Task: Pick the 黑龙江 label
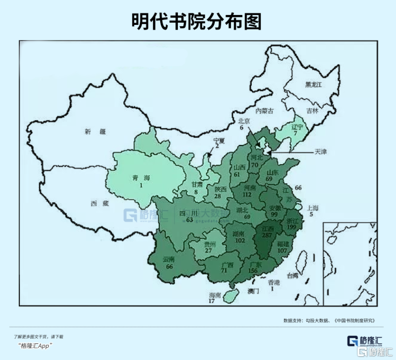tap(314, 85)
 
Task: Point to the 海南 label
tap(215, 296)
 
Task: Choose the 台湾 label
tap(292, 276)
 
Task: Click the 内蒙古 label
tap(265, 111)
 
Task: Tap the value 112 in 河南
tap(247, 195)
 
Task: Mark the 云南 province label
tap(169, 259)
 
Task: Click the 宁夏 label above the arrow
tap(219, 140)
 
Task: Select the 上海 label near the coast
tap(313, 208)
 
